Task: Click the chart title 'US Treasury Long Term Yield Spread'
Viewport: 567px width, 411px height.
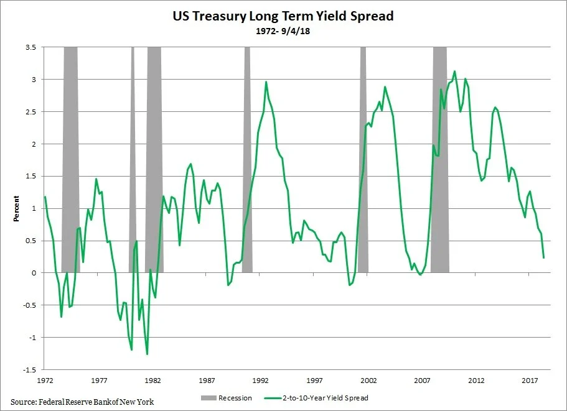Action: [x=283, y=17]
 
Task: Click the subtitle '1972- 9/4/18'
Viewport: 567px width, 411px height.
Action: [x=283, y=31]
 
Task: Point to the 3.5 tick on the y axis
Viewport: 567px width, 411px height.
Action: [x=30, y=47]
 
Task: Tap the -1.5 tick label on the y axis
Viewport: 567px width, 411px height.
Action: [x=29, y=369]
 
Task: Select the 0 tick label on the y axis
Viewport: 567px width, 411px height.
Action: [x=33, y=273]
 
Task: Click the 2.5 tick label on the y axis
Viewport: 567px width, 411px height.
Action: [x=30, y=112]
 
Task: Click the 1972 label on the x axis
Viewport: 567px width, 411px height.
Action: [x=45, y=380]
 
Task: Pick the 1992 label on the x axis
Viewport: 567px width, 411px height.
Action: [x=261, y=380]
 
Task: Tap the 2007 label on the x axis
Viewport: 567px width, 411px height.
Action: [x=423, y=380]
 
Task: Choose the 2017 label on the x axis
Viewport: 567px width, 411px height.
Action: [x=530, y=380]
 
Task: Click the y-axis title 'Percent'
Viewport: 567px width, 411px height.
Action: [x=17, y=209]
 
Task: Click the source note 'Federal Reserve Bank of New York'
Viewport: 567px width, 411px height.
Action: [x=82, y=402]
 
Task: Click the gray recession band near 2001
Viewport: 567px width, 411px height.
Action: [x=363, y=155]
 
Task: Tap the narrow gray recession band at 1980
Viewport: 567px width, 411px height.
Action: [x=133, y=155]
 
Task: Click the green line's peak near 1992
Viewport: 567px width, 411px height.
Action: [x=266, y=82]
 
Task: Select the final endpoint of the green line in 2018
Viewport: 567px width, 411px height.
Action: [x=544, y=257]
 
